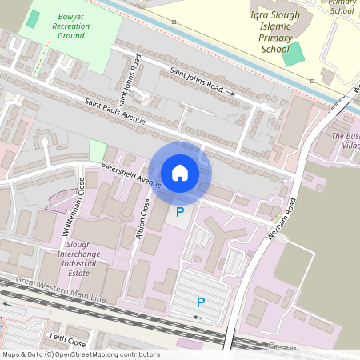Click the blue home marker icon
tap(180, 172)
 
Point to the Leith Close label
tap(66, 338)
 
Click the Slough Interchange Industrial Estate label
tap(87, 258)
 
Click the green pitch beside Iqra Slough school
tap(294, 54)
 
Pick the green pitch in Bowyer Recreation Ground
tap(32, 19)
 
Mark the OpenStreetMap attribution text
tap(80, 354)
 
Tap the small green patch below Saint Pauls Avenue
tap(98, 150)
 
